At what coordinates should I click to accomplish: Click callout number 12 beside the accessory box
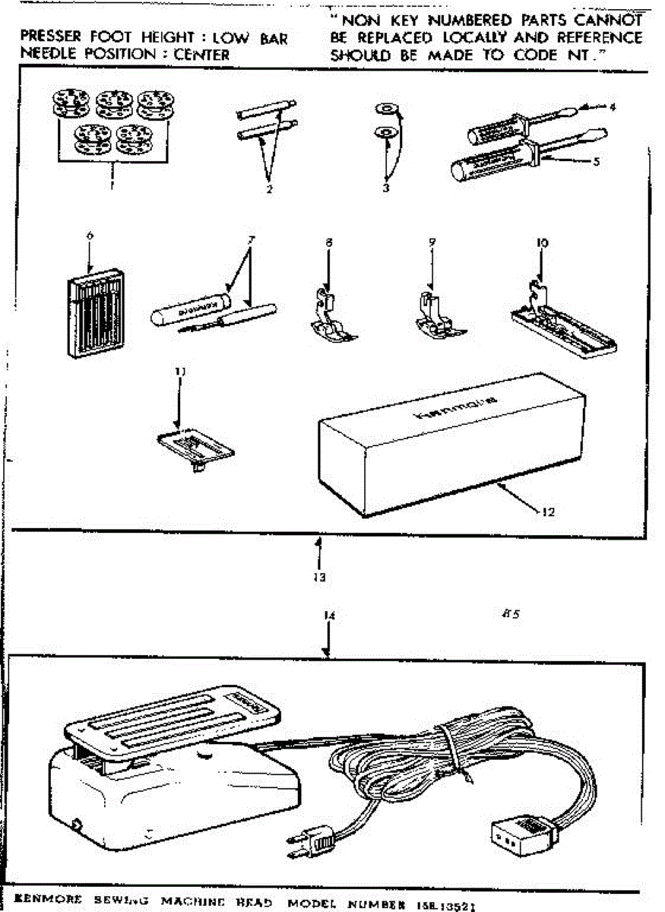pos(549,511)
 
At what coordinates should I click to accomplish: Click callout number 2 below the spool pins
pos(269,189)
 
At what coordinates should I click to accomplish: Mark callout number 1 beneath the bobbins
pos(112,184)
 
